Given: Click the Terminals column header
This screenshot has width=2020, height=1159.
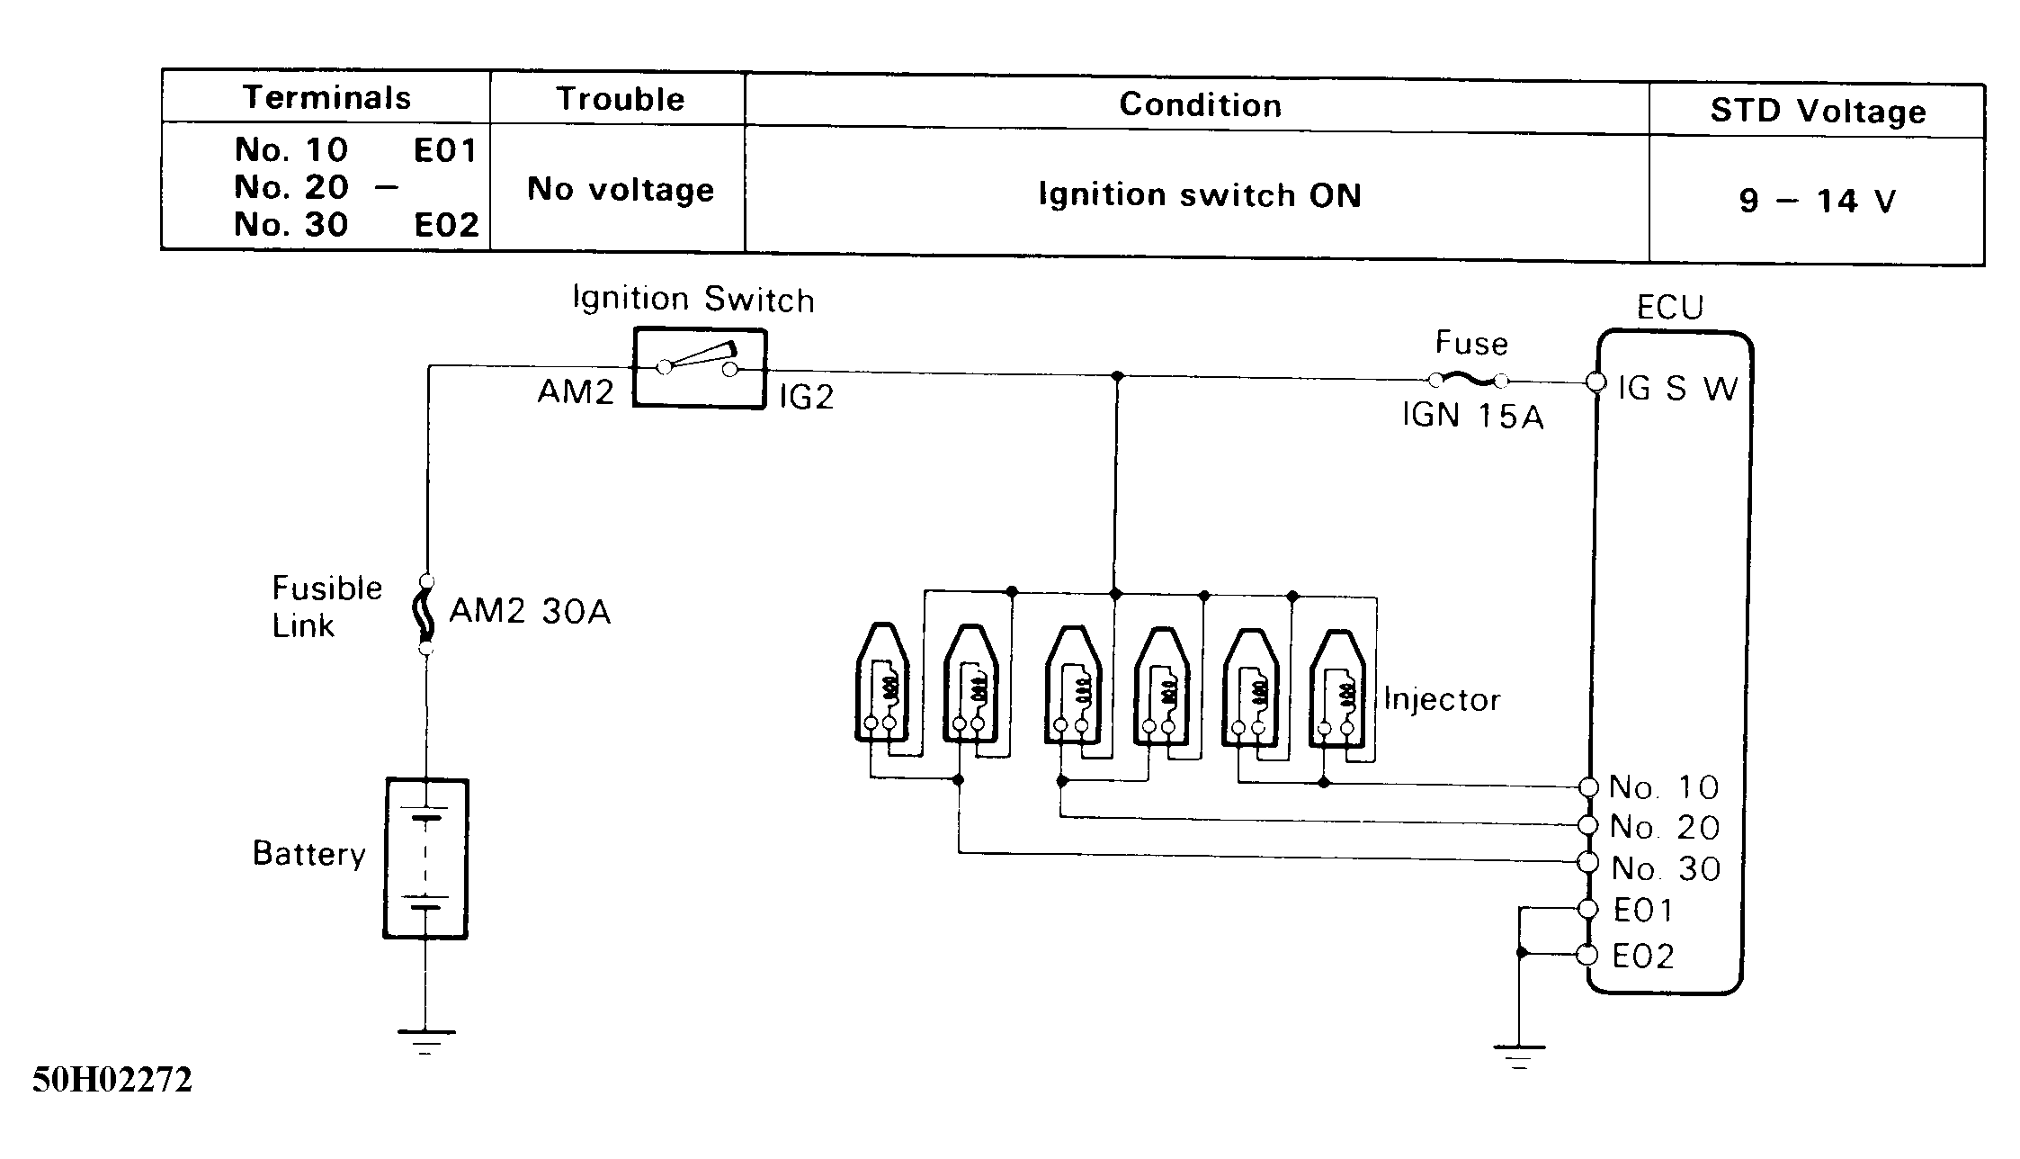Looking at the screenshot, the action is [x=327, y=98].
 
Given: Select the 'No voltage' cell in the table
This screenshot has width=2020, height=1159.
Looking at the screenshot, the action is [x=621, y=189].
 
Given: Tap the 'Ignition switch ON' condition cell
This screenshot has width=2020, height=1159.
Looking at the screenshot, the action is [x=1200, y=194].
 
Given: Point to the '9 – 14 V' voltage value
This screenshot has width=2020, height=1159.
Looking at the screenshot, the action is [x=1817, y=200].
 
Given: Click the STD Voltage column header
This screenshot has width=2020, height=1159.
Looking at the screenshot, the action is [x=1818, y=111].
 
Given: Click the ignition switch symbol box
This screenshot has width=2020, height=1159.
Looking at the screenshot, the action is [x=700, y=368].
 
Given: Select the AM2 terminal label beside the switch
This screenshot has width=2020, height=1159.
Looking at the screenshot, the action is [x=576, y=391].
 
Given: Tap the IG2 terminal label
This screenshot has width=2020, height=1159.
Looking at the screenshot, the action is [x=807, y=397].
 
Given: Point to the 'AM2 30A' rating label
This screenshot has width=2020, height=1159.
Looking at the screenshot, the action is [x=530, y=612].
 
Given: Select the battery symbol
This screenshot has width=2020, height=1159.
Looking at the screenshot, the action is [x=426, y=858].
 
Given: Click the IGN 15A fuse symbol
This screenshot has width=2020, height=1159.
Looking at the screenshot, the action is [x=1468, y=381].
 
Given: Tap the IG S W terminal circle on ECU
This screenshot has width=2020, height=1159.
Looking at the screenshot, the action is [x=1596, y=382].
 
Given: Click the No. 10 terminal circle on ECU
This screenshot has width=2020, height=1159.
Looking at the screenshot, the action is [x=1588, y=787].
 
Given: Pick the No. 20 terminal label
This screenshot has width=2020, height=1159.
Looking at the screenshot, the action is [x=1665, y=827].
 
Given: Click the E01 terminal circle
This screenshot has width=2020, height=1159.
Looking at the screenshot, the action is [x=1588, y=909].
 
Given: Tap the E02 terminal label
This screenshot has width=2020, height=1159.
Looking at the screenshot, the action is [x=1643, y=957].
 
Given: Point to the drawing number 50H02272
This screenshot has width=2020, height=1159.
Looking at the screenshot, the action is [x=112, y=1080].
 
